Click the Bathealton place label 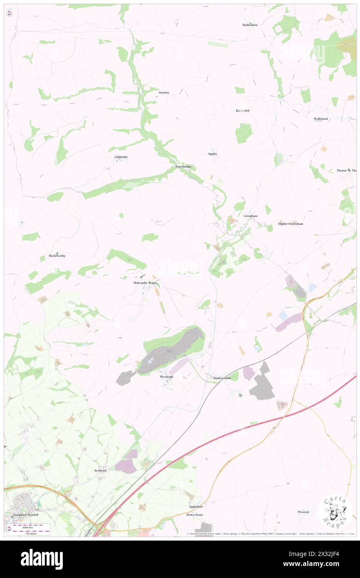coord(250,25)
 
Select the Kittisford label coord(242,111)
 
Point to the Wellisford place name coord(321,119)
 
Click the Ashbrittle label coord(121,157)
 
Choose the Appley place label coord(212,154)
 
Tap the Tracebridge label coord(183,167)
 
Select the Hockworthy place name coord(57,256)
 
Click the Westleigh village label coord(166,377)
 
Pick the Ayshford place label coord(100,470)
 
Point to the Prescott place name coord(303,512)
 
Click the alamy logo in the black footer coord(42,559)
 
